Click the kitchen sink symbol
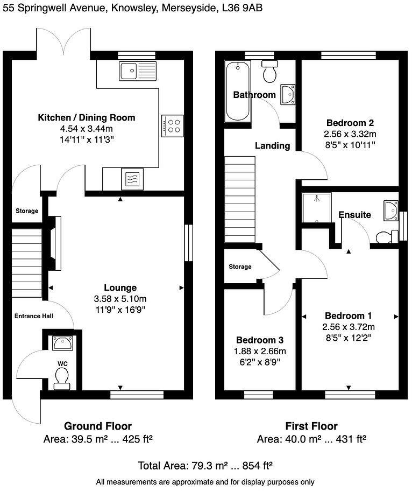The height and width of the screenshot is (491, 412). [x=138, y=70]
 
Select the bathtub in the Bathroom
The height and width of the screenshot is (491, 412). [x=237, y=92]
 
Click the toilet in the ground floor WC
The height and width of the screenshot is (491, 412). [x=62, y=375]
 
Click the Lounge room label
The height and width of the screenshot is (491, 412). [x=120, y=288]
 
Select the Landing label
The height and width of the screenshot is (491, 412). [x=272, y=145]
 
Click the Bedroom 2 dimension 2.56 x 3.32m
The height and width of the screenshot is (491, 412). [x=350, y=134]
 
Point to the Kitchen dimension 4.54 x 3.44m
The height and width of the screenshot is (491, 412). [x=86, y=129]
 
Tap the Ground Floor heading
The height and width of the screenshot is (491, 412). [x=98, y=426]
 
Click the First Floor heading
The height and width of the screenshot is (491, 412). [x=312, y=426]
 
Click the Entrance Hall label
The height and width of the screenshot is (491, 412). [x=33, y=316]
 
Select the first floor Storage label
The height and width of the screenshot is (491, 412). [x=240, y=266]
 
